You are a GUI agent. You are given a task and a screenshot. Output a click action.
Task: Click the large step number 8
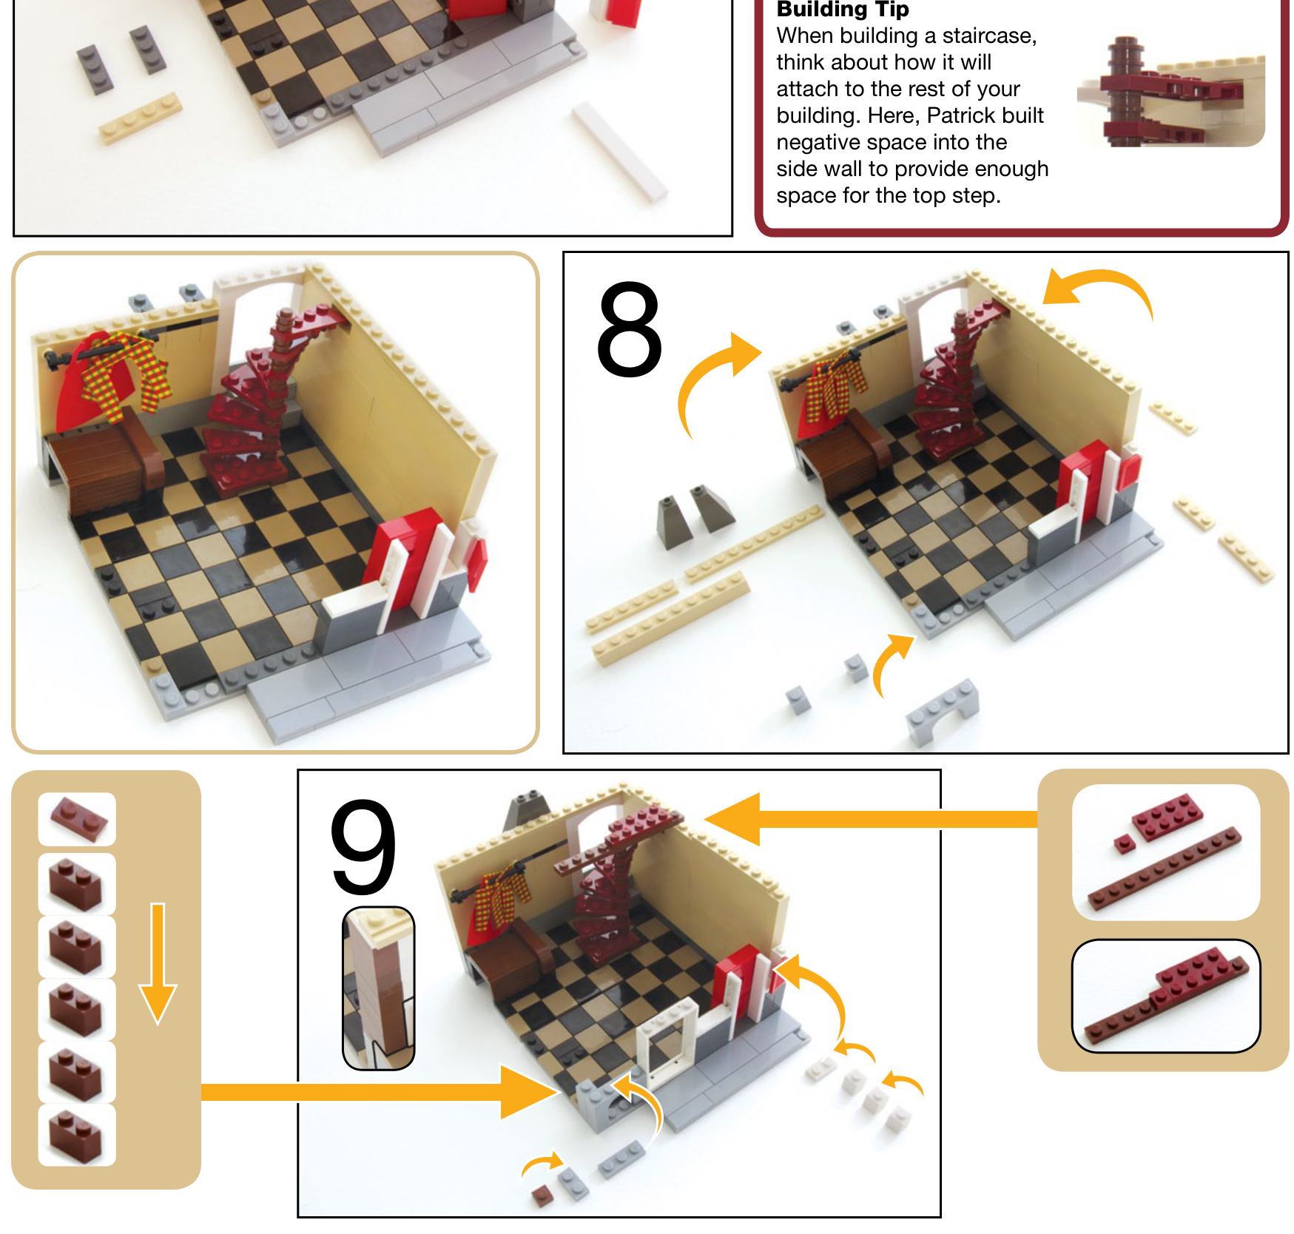coord(629,329)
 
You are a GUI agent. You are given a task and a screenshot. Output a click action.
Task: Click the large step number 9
coord(363,847)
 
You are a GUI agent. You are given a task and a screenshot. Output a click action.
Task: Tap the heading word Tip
coord(892,10)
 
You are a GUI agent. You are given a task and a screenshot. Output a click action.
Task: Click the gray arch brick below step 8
coord(943,709)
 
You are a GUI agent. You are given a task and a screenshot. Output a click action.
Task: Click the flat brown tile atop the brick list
coord(78,817)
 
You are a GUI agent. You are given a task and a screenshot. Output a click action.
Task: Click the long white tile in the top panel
coord(620,151)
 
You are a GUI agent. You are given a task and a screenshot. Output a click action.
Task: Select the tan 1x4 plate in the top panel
coord(141,118)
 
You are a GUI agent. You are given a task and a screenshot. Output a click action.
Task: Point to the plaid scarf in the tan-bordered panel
coord(126,374)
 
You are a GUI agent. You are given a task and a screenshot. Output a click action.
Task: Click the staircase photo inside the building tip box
coord(1170,92)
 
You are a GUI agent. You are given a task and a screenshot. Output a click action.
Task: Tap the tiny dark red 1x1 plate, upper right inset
coord(1125,844)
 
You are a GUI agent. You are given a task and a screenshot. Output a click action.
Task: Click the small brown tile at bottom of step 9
coord(544,1196)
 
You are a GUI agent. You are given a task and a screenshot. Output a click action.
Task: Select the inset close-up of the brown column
coord(379,988)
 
